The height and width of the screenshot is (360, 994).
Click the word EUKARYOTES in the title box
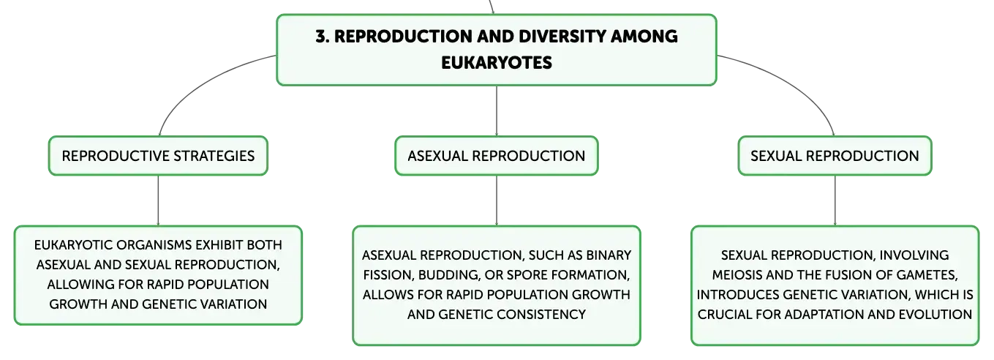click(x=497, y=63)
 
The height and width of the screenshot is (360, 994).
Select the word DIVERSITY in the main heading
click(x=562, y=37)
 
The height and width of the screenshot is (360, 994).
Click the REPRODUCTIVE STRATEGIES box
click(x=158, y=156)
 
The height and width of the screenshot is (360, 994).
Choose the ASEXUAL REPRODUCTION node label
click(x=497, y=156)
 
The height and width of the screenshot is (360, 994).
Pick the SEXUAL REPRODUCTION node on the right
click(x=835, y=156)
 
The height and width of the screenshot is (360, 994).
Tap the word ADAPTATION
click(x=824, y=315)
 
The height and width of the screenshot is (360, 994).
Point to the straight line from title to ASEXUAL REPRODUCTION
click(x=497, y=110)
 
